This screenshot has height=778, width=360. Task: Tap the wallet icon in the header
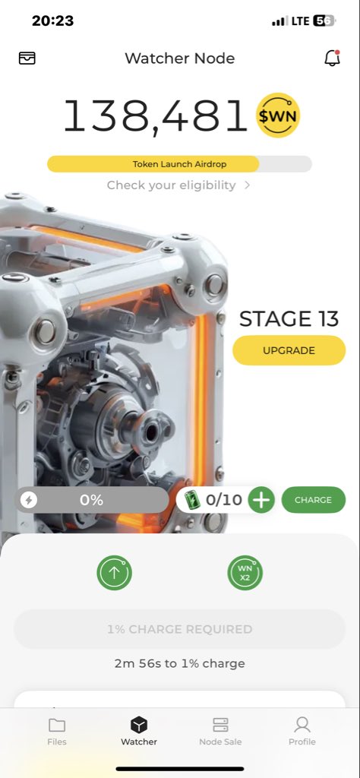point(27,58)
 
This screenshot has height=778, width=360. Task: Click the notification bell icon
point(332,58)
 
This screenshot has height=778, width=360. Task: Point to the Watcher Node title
point(179,58)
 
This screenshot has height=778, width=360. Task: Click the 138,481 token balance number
point(155,115)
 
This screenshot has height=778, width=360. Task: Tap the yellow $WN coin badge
point(278,115)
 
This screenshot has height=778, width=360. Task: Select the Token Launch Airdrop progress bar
point(179,164)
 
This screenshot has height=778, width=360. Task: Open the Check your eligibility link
point(179,185)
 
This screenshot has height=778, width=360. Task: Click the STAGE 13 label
point(289,319)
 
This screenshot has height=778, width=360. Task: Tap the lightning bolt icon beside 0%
point(29,500)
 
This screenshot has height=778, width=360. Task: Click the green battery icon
point(191,500)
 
